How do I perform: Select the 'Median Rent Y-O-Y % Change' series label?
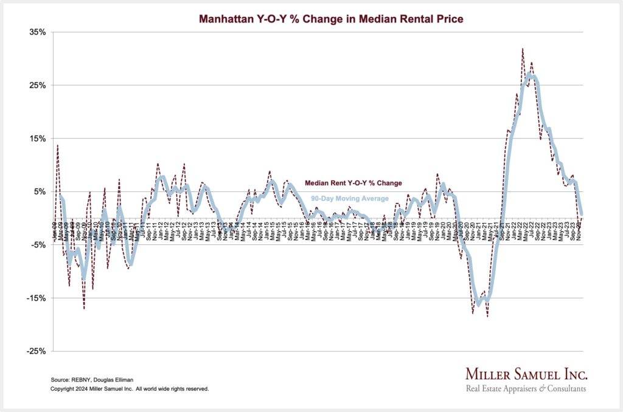[x=353, y=182]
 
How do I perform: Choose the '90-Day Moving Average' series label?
[x=350, y=198]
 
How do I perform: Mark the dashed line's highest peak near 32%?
[x=523, y=49]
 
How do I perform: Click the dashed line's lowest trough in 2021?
[x=488, y=316]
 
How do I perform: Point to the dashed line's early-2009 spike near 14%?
[x=58, y=145]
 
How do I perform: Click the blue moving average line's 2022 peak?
[x=530, y=75]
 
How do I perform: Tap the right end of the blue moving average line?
[x=582, y=214]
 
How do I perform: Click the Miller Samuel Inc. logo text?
[x=526, y=373]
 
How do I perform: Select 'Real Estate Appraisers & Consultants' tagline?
[x=526, y=388]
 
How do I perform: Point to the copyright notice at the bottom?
[x=130, y=388]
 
